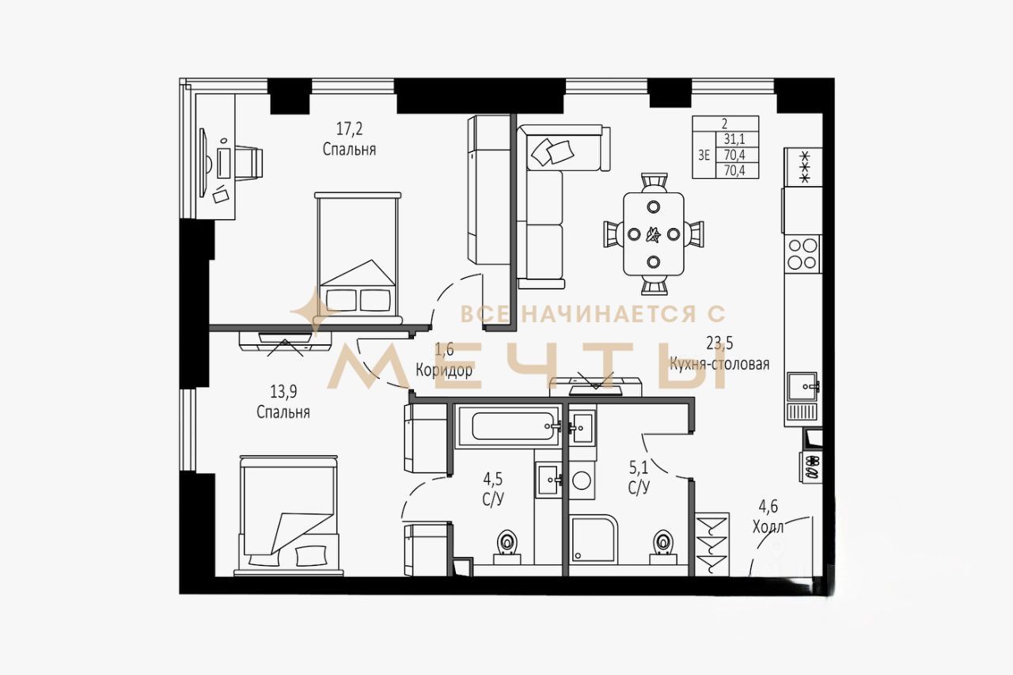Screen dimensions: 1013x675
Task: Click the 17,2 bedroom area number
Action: click(349, 129)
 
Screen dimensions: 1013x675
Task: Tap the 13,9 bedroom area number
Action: click(283, 392)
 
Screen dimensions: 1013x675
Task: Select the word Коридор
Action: click(444, 370)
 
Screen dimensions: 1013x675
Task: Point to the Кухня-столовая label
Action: click(719, 364)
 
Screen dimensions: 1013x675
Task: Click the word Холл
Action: click(768, 527)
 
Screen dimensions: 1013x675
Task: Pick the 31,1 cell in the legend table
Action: click(734, 138)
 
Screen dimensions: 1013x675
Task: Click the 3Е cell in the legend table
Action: click(704, 156)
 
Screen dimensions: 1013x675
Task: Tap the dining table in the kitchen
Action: click(654, 234)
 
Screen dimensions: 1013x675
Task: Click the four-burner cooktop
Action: click(802, 254)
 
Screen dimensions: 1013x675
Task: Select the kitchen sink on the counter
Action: click(802, 387)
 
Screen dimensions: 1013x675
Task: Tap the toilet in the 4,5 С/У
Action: click(507, 547)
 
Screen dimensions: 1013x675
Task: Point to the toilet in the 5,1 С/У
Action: click(663, 547)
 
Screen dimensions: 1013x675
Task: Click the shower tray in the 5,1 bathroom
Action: click(594, 540)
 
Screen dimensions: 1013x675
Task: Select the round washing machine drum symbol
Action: click(582, 480)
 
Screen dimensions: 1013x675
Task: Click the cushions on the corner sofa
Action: click(552, 151)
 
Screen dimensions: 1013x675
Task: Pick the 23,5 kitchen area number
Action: click(720, 343)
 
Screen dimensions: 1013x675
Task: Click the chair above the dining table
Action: click(654, 182)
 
